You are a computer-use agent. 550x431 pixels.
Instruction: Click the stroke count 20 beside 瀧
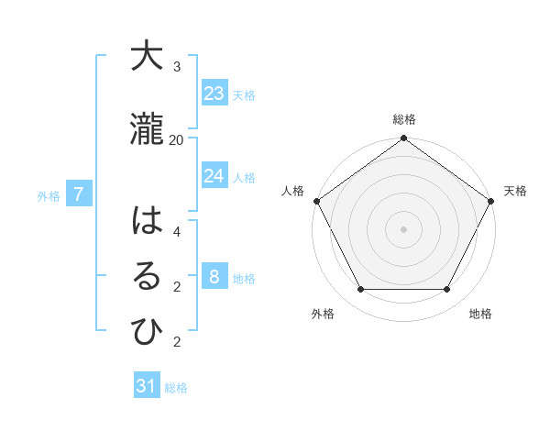pyautogui.click(x=176, y=139)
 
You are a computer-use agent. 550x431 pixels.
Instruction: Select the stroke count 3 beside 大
pyautogui.click(x=176, y=67)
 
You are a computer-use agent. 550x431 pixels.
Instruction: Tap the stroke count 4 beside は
pyautogui.click(x=176, y=232)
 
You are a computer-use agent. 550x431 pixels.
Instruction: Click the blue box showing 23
pyautogui.click(x=214, y=93)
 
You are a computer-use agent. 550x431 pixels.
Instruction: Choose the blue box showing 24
pyautogui.click(x=214, y=175)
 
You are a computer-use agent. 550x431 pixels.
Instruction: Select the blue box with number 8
pyautogui.click(x=214, y=276)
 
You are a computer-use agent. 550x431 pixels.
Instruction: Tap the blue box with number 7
pyautogui.click(x=79, y=193)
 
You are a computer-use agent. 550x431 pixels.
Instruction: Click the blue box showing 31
pyautogui.click(x=147, y=386)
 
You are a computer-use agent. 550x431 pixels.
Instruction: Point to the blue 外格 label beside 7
pyautogui.click(x=49, y=195)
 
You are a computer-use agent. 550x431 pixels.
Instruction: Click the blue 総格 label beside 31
pyautogui.click(x=176, y=388)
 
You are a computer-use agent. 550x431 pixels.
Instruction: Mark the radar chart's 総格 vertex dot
pyautogui.click(x=403, y=138)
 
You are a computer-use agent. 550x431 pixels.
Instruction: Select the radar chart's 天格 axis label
pyautogui.click(x=515, y=191)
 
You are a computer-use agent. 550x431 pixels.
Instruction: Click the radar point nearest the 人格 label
pyautogui.click(x=317, y=201)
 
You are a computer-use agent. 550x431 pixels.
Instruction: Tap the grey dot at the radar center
pyautogui.click(x=403, y=228)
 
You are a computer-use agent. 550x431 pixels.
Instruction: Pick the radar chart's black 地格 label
pyautogui.click(x=480, y=315)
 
